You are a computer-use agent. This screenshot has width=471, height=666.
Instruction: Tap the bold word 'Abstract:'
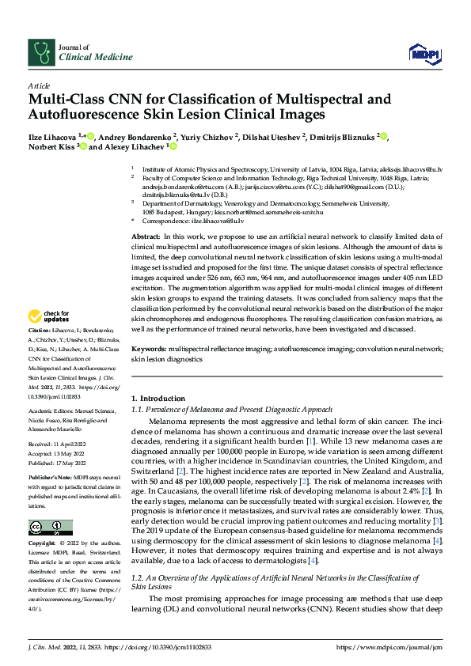(146, 237)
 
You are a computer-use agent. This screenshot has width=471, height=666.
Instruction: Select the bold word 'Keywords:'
(149, 348)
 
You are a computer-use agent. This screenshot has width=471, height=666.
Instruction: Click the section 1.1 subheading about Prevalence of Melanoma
(232, 409)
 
